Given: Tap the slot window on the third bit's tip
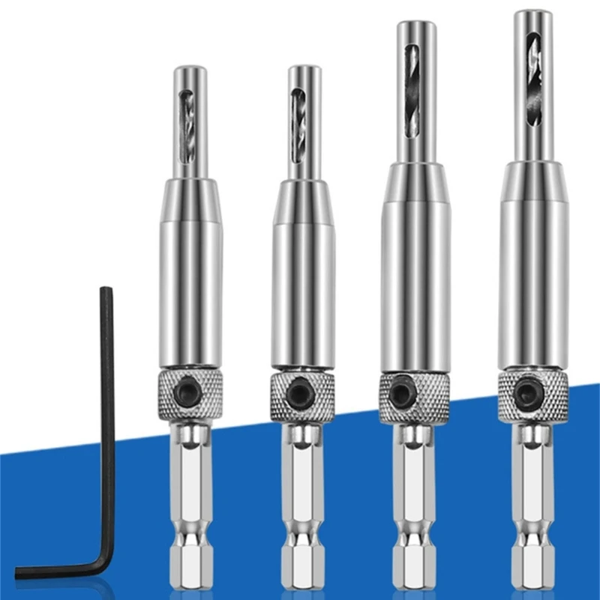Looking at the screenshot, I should pyautogui.click(x=412, y=90).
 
